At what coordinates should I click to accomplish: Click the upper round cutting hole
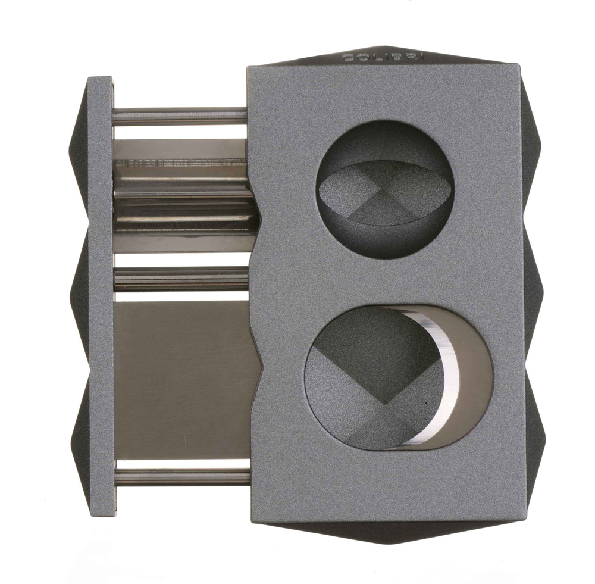point(384,189)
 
